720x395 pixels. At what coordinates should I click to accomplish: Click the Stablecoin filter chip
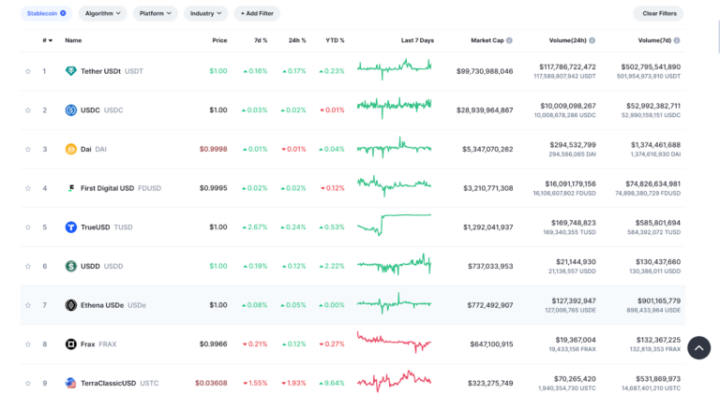click(46, 13)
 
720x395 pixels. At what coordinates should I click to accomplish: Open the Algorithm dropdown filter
click(102, 13)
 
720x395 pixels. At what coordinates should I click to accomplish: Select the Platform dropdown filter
click(156, 13)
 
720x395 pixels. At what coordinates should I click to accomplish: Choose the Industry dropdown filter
click(205, 13)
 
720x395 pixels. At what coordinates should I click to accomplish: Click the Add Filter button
click(257, 13)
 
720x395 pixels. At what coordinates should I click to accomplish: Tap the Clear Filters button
click(659, 13)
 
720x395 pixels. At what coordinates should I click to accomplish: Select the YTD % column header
click(335, 40)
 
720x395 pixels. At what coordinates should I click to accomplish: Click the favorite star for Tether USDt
click(28, 71)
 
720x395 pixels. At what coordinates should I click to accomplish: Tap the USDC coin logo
click(70, 110)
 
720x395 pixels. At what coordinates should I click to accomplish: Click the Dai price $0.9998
click(213, 149)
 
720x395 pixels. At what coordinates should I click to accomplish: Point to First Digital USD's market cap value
click(488, 188)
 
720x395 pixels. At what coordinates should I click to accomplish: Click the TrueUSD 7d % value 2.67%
click(255, 227)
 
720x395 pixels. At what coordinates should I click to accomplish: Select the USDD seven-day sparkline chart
click(394, 265)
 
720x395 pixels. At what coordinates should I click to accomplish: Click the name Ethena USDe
click(102, 305)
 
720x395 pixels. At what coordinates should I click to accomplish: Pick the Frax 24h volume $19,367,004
click(576, 340)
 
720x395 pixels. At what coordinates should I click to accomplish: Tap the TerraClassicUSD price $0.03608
click(211, 383)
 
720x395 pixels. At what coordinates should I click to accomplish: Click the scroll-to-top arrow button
click(698, 348)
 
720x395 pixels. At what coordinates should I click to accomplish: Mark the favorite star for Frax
click(28, 344)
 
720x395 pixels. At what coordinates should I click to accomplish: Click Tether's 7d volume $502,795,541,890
click(651, 66)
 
